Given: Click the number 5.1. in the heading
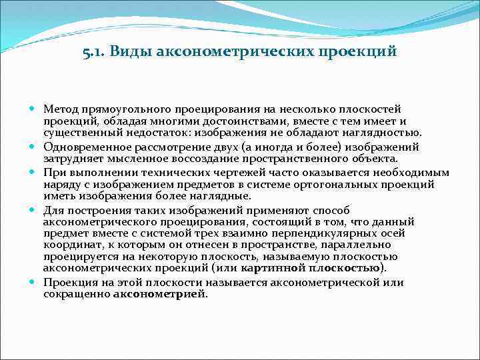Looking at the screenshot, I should [95, 51].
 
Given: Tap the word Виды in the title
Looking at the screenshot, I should [130, 51].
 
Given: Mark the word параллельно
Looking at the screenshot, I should [345, 245].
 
